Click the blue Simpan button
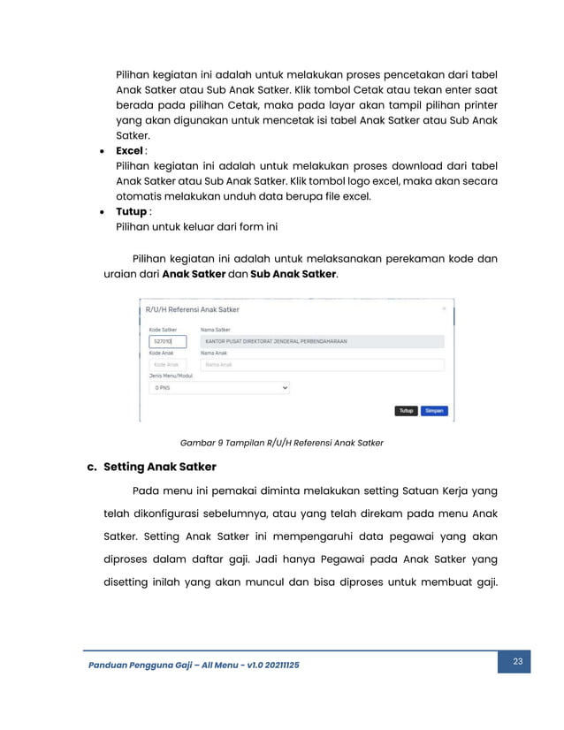434,411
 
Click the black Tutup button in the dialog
406,411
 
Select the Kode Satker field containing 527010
167,341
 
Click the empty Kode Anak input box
167,364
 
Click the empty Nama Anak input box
322,364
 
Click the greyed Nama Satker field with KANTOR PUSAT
322,341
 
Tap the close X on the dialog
444,308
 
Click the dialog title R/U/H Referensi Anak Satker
192,309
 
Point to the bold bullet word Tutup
131,211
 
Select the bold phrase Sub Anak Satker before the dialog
293,274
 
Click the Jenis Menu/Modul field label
170,376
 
